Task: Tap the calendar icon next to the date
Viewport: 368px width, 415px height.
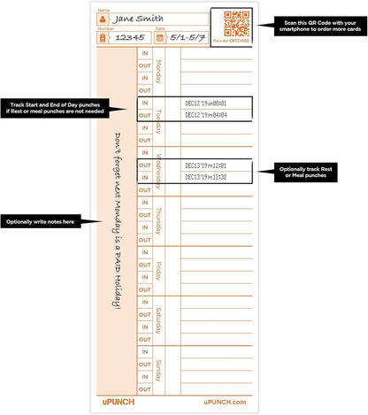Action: [160, 38]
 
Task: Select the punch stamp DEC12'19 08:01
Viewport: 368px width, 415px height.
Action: [206, 103]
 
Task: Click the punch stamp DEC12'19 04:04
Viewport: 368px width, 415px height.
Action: [206, 115]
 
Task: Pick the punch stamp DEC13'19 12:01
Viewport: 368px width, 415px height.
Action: [206, 165]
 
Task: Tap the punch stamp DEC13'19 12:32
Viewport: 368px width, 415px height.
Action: [206, 177]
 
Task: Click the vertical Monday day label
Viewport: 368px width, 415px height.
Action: [159, 70]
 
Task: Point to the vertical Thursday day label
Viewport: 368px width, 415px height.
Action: [159, 219]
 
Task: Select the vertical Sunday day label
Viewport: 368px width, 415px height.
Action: [159, 369]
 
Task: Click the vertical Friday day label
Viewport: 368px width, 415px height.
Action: [159, 269]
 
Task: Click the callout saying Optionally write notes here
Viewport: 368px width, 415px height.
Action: [41, 220]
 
